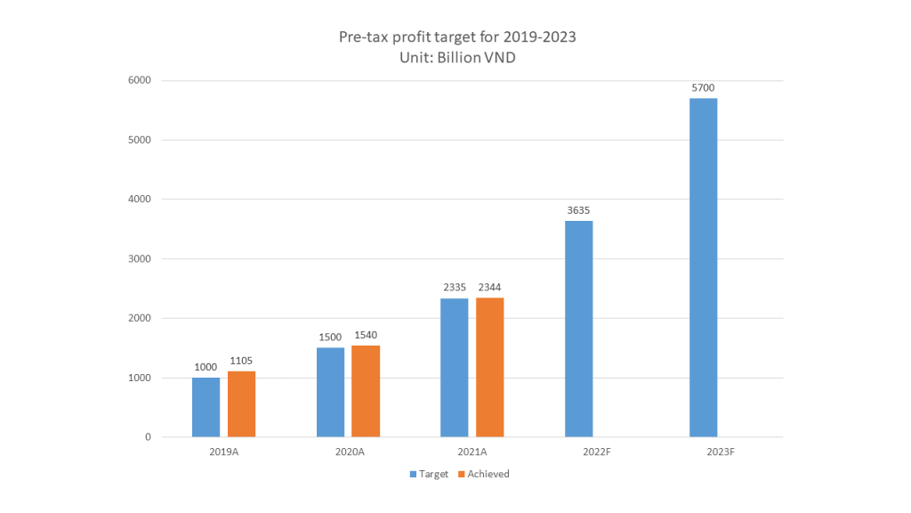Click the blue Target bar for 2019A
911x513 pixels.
coord(206,407)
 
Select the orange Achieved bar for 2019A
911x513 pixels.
coord(241,404)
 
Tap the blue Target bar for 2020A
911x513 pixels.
coord(330,392)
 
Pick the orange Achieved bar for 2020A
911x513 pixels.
coord(366,391)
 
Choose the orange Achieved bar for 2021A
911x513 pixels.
coord(490,367)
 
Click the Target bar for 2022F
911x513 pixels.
coord(578,329)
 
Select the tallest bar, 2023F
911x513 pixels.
coord(703,267)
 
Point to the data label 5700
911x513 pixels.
coord(703,88)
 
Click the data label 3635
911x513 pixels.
coord(578,211)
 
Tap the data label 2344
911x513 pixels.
coord(490,288)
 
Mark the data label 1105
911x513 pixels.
coord(241,361)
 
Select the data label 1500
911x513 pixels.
coord(330,338)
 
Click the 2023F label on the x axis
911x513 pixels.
coord(722,452)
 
